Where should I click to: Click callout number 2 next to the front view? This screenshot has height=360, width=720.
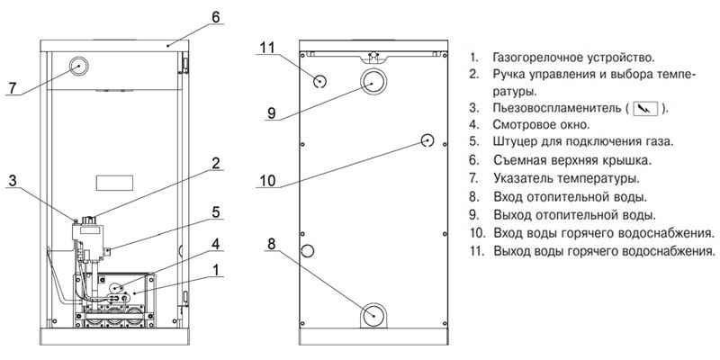click(216, 163)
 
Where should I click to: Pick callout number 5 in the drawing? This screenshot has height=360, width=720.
click(216, 213)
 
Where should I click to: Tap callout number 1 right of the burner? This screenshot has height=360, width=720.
click(216, 268)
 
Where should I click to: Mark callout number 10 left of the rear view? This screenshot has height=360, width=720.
click(266, 180)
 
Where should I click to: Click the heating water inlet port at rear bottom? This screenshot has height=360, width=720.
click(374, 315)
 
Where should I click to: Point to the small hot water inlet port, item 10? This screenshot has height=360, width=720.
click(428, 140)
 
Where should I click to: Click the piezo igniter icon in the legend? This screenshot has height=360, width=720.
click(645, 108)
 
